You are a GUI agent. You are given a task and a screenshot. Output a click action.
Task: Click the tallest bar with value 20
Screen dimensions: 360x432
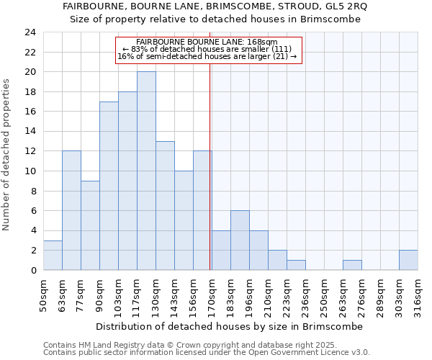146,171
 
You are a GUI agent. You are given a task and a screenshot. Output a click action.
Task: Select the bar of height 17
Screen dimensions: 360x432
109,186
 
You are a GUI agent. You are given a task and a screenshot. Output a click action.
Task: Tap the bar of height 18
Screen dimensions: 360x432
127,181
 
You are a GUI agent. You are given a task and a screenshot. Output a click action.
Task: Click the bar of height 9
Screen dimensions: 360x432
90,225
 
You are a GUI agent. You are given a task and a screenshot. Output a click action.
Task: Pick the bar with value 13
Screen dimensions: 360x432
165,206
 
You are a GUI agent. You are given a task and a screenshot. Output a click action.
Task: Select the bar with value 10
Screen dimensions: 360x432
184,220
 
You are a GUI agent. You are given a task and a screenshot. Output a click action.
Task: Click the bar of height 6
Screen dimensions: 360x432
240,240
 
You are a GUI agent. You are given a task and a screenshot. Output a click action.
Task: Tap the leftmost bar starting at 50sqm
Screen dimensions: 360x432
53,255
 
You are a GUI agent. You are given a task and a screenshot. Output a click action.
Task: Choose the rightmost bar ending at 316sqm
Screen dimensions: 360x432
408,260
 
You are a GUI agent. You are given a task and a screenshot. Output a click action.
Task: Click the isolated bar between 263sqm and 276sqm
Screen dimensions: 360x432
352,265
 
